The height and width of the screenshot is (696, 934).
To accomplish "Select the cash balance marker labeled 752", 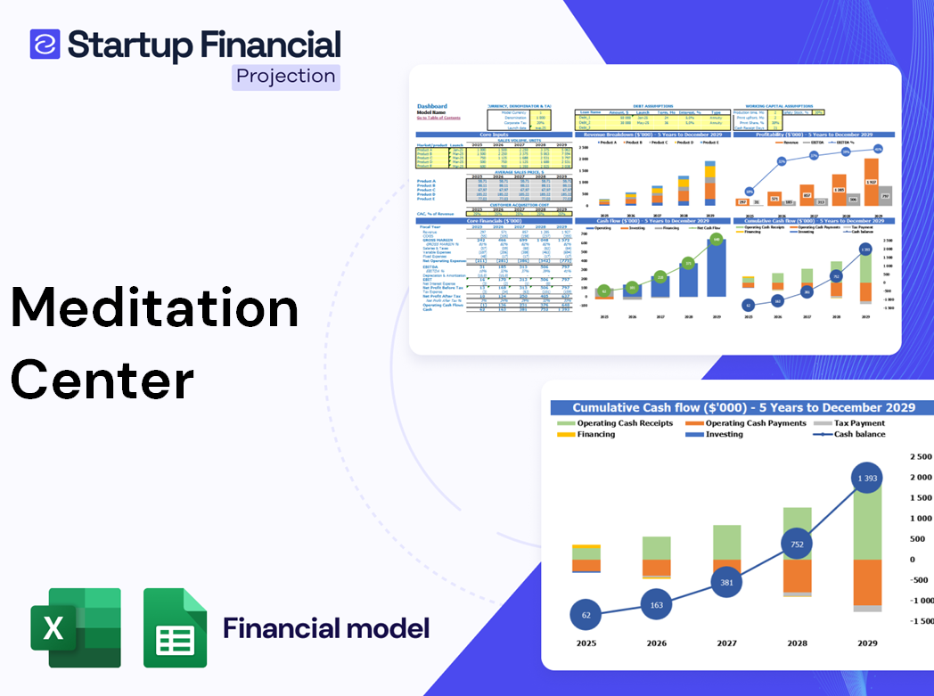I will tap(797, 545).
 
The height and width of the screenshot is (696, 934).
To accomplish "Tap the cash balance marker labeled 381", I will tap(726, 583).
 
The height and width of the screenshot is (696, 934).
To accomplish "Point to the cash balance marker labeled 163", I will tap(656, 605).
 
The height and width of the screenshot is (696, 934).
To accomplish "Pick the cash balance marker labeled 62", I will tap(586, 615).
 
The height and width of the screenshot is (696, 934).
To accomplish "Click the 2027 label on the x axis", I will tap(726, 643).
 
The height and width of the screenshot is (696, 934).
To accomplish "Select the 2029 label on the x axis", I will tap(867, 643).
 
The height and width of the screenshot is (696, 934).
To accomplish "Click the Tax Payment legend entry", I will tap(859, 423).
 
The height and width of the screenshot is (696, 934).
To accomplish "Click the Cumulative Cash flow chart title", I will tap(743, 407).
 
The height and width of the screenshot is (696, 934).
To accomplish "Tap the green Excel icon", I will tap(76, 627).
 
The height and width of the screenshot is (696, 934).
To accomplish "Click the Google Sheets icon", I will tap(175, 627).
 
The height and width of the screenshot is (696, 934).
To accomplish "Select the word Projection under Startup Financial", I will tap(285, 77).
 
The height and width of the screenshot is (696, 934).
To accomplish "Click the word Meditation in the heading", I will tap(154, 308).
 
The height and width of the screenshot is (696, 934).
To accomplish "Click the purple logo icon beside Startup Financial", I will tap(45, 45).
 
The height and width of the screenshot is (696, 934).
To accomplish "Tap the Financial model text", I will tap(326, 628).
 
